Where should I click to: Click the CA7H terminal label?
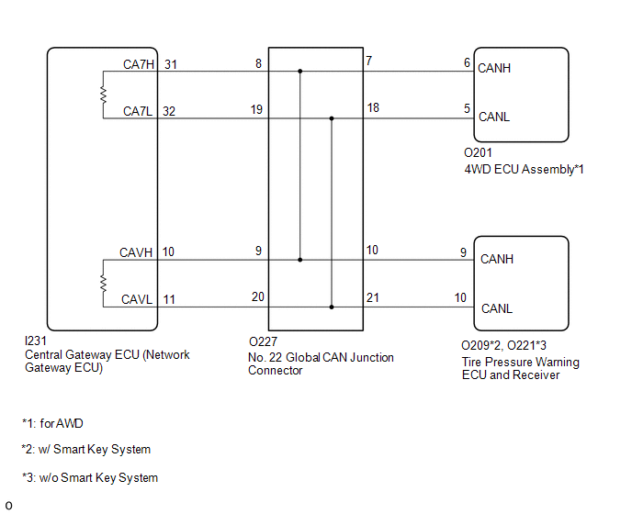[x=138, y=64]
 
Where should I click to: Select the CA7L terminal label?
[x=138, y=111]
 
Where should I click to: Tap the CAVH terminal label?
[x=136, y=252]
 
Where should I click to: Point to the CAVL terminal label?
[x=137, y=300]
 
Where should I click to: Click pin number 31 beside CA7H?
[x=171, y=64]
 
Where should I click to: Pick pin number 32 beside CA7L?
[x=169, y=111]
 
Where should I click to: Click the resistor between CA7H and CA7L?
[x=103, y=95]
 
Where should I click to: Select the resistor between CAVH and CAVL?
[x=103, y=284]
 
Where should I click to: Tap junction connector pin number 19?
[x=257, y=109]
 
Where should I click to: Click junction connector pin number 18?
[x=373, y=108]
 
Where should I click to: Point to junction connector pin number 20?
[x=258, y=296]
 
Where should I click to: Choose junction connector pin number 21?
[x=373, y=297]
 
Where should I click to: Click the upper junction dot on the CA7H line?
[x=299, y=72]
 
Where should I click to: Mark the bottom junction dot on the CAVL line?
[x=332, y=307]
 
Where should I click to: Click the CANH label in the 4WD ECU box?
[x=494, y=68]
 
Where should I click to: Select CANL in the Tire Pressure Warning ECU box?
[x=497, y=308]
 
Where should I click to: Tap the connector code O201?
[x=478, y=152]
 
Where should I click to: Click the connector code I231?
[x=36, y=341]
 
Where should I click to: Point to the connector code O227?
[x=264, y=341]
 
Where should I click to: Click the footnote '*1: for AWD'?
[x=52, y=423]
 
